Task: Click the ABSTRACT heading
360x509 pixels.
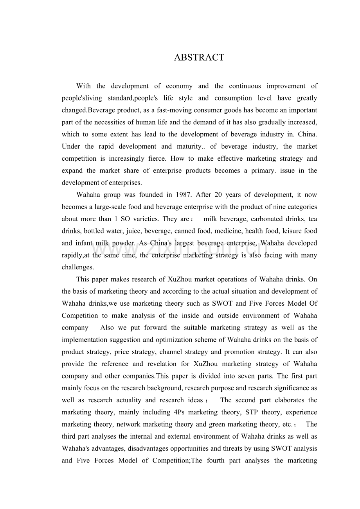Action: pos(199,57)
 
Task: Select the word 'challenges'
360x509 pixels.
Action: pos(77,267)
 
